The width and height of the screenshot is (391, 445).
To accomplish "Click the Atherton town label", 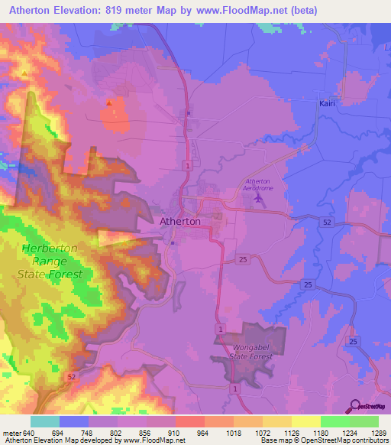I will click(181, 222).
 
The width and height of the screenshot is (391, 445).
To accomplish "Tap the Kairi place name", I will click(328, 102).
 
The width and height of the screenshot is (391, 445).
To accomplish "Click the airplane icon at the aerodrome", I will click(257, 199).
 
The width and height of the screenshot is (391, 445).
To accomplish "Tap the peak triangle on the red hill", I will click(109, 102).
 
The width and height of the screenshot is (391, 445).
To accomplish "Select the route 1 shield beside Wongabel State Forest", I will click(221, 328).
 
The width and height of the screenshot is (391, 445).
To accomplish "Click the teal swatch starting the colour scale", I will click(44, 421).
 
